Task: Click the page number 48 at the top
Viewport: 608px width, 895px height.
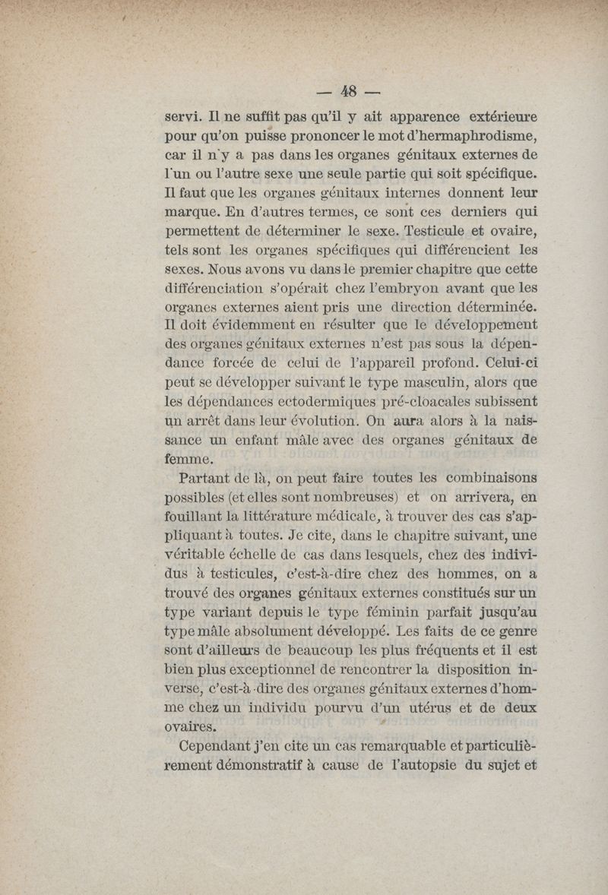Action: pyautogui.click(x=349, y=91)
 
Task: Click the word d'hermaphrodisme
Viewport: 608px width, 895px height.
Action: pyautogui.click(x=451, y=138)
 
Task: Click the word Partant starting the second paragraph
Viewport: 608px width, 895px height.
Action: pyautogui.click(x=205, y=478)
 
